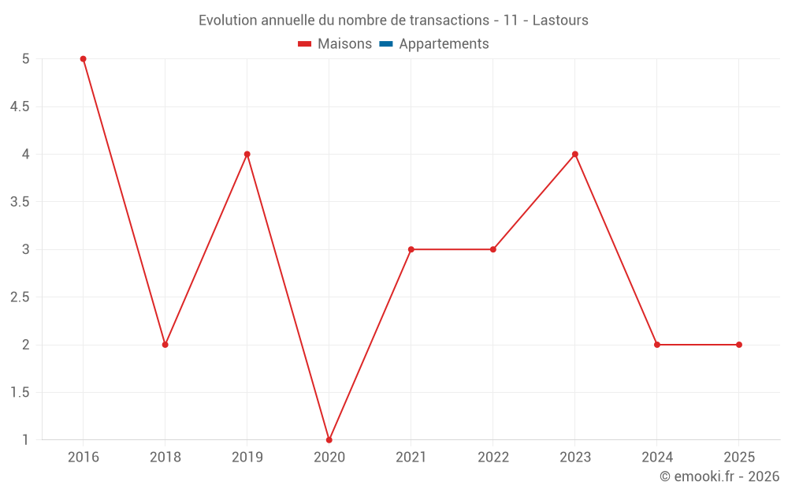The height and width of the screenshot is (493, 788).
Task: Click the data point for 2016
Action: (x=83, y=59)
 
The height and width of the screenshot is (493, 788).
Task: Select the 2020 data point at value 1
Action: (x=329, y=439)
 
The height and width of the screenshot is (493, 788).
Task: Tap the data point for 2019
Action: (x=247, y=154)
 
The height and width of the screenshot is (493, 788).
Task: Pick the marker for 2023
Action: (x=574, y=154)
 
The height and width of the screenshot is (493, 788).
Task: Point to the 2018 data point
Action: (x=165, y=345)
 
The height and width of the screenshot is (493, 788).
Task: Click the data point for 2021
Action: (x=411, y=249)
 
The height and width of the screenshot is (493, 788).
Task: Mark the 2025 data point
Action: (x=738, y=345)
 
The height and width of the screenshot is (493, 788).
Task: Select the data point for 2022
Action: (x=492, y=249)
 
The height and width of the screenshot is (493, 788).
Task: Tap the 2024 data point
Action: (x=656, y=345)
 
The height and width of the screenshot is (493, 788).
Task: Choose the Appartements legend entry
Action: (x=444, y=44)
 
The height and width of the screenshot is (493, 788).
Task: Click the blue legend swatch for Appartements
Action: (x=386, y=44)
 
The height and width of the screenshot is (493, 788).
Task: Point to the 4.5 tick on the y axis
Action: (x=20, y=106)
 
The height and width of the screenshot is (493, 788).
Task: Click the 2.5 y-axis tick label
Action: (x=20, y=297)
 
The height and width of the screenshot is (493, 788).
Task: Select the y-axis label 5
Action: (x=25, y=59)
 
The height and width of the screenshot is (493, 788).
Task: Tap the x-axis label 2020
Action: (x=329, y=457)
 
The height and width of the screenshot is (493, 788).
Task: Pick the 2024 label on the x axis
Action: (x=656, y=457)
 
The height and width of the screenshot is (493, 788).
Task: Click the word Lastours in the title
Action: (x=560, y=21)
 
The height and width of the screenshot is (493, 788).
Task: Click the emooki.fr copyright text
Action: (x=719, y=476)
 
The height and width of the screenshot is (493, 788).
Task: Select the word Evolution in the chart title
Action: (x=228, y=21)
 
